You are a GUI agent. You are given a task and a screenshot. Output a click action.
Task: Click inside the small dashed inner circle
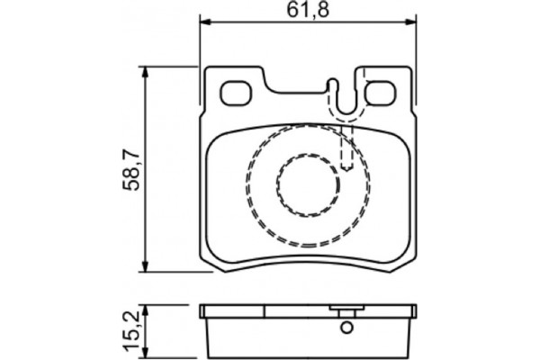[307, 184]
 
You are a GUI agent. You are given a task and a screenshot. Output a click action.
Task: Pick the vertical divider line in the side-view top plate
[266, 311]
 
